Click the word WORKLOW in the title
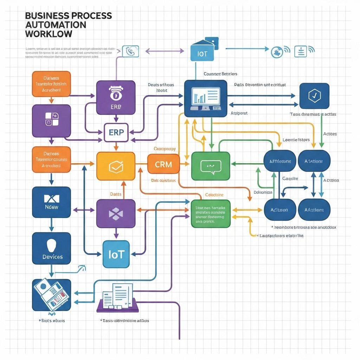49,34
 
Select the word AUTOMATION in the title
56,25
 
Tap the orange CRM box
163,164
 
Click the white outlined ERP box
116,133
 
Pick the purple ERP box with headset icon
116,97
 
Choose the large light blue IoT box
116,254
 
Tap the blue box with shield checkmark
314,96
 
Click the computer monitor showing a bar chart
206,98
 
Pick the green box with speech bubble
210,166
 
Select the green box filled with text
210,214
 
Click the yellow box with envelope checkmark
116,166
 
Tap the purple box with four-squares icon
51,121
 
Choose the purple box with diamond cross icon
116,213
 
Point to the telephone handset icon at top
130,51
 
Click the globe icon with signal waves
277,52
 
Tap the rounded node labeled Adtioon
279,210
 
